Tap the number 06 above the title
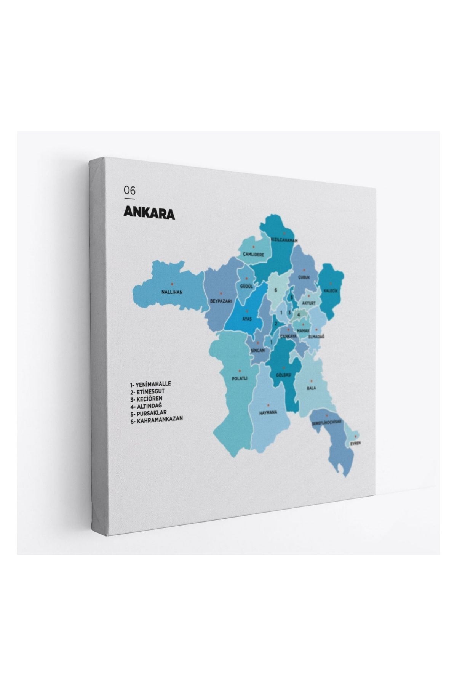tap(129, 190)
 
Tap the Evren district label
tap(356, 443)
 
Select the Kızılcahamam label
tap(284, 240)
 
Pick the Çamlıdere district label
tap(251, 254)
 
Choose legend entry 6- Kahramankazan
tap(157, 418)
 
